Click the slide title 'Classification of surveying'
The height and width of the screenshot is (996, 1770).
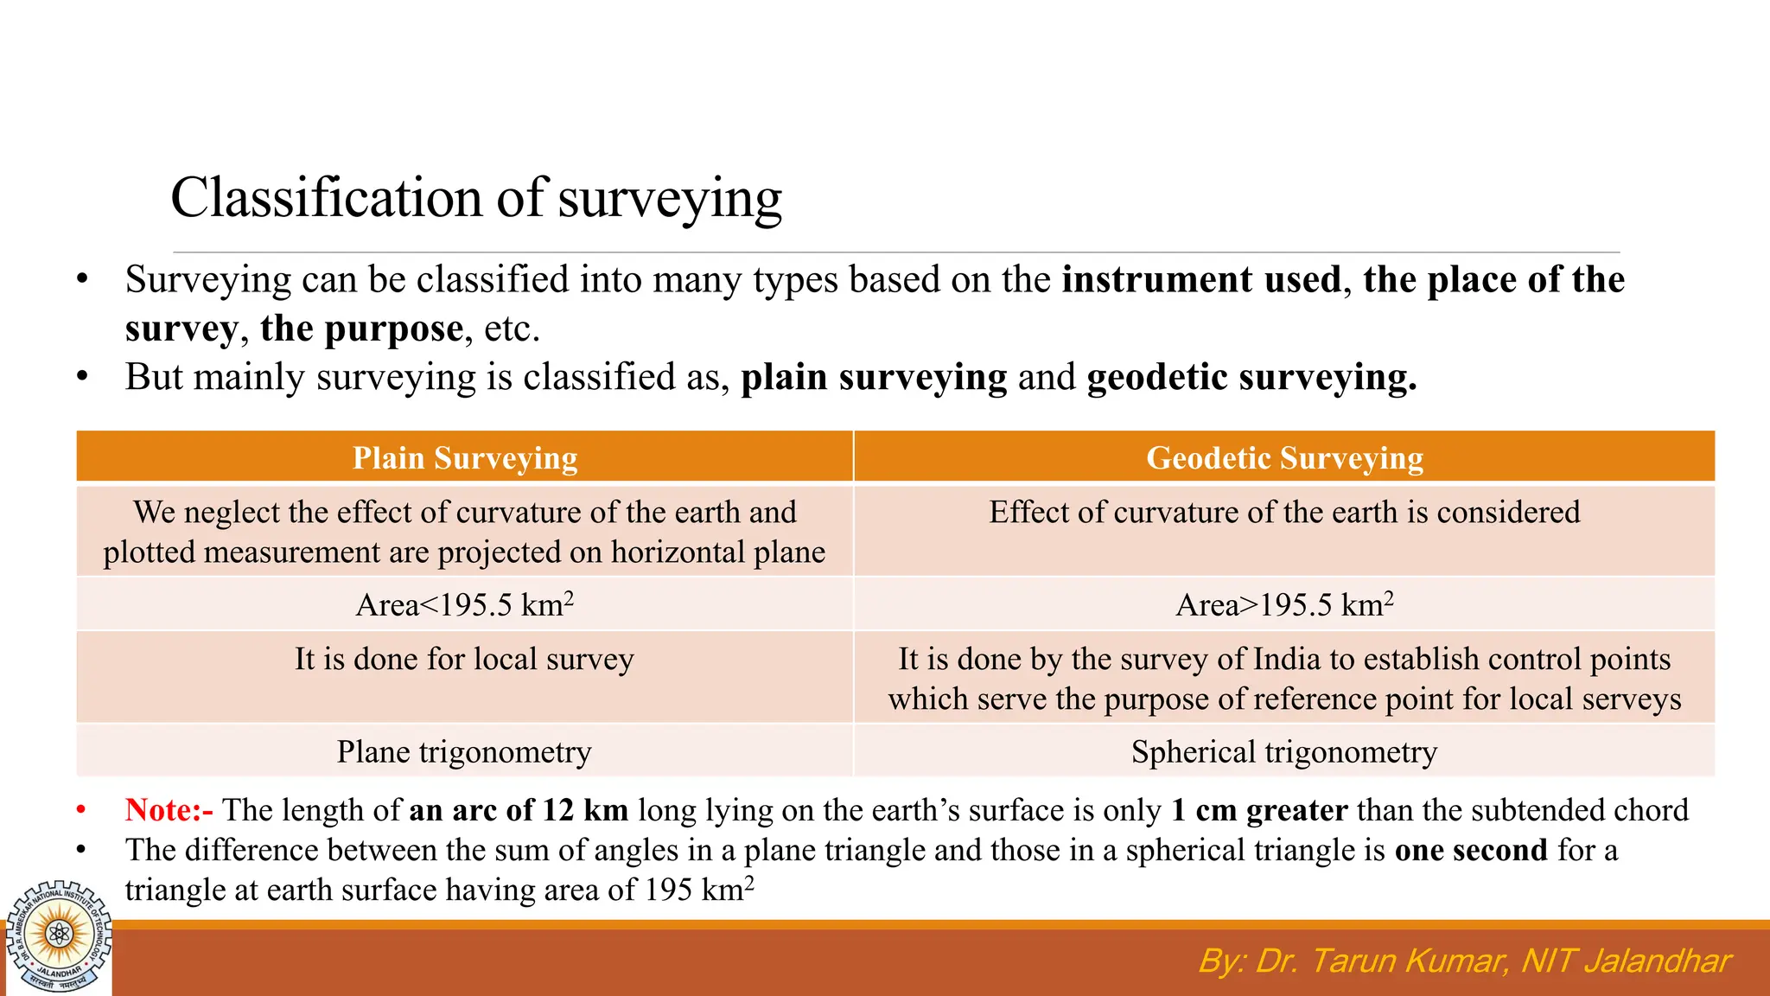476,198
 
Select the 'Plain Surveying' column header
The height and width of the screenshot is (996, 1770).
465,457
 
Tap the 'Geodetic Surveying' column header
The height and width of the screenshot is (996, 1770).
1284,457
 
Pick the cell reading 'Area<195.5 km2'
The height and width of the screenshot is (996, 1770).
465,604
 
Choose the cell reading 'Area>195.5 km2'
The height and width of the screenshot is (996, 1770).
1284,604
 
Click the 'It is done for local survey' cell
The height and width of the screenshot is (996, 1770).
465,660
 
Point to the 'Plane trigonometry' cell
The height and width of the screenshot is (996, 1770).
465,752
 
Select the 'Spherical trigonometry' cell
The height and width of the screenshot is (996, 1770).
1284,752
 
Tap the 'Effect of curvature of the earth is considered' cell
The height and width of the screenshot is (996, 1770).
1284,513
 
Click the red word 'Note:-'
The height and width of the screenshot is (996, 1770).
169,810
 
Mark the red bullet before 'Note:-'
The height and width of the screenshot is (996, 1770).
81,811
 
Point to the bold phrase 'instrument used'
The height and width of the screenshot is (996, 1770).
1201,280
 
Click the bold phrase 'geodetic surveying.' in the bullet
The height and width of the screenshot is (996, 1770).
1251,378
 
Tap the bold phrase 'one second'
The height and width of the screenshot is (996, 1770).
1471,851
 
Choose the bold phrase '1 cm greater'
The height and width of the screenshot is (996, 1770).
1259,810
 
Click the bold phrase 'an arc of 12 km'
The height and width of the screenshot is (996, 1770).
519,810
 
